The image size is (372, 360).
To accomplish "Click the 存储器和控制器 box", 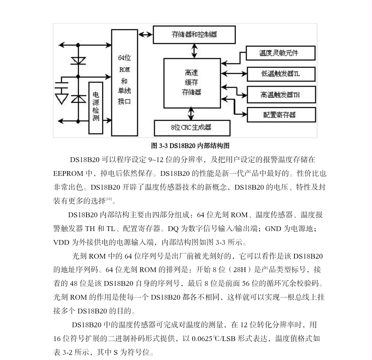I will (194, 35).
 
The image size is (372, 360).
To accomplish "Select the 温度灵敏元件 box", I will (281, 53).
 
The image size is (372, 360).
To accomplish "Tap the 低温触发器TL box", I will (281, 74).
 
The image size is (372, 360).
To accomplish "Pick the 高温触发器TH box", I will (281, 94).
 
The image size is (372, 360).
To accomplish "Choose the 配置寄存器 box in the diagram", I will (281, 115).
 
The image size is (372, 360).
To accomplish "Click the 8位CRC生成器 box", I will (192, 128).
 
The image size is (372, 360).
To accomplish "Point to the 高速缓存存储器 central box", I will (192, 83).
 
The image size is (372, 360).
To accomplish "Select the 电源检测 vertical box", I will (95, 108).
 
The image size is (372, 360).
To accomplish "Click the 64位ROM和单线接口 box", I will (124, 82).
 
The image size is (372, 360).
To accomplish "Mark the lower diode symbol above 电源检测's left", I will (78, 99).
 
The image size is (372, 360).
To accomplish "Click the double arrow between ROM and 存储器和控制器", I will (145, 35).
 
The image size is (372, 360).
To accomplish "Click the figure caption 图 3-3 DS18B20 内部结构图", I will (190, 146).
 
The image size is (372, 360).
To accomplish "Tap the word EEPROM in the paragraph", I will (68, 173).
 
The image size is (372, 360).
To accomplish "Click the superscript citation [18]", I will (109, 199).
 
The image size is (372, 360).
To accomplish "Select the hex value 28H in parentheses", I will (240, 269).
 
